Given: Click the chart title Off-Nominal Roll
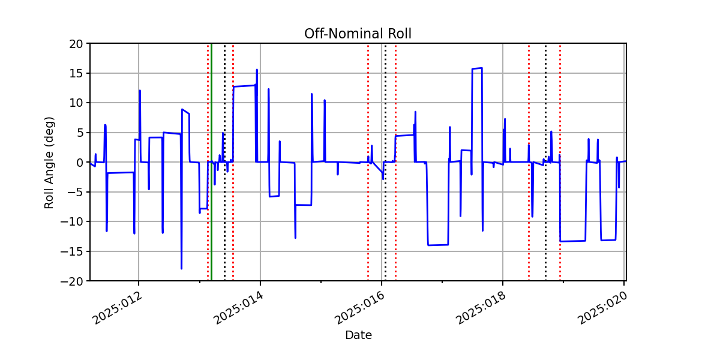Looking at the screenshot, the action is click(358, 34).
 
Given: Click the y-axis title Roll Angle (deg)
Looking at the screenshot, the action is click(49, 163).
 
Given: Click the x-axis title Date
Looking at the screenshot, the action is click(358, 335).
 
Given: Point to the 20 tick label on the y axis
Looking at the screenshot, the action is click(76, 44).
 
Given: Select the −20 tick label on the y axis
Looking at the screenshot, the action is click(71, 281).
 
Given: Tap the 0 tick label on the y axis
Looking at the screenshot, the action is click(80, 163).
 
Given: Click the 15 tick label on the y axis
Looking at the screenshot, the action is click(76, 74).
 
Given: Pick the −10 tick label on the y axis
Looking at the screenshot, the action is click(71, 222).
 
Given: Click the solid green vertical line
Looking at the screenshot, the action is click(211, 162).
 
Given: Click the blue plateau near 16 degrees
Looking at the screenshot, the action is click(477, 68).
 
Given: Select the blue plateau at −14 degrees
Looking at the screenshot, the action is click(438, 245).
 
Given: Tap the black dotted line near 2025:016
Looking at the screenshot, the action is click(385, 162).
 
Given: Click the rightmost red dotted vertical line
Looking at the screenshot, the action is click(560, 162).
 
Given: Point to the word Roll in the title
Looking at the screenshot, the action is click(400, 34).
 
